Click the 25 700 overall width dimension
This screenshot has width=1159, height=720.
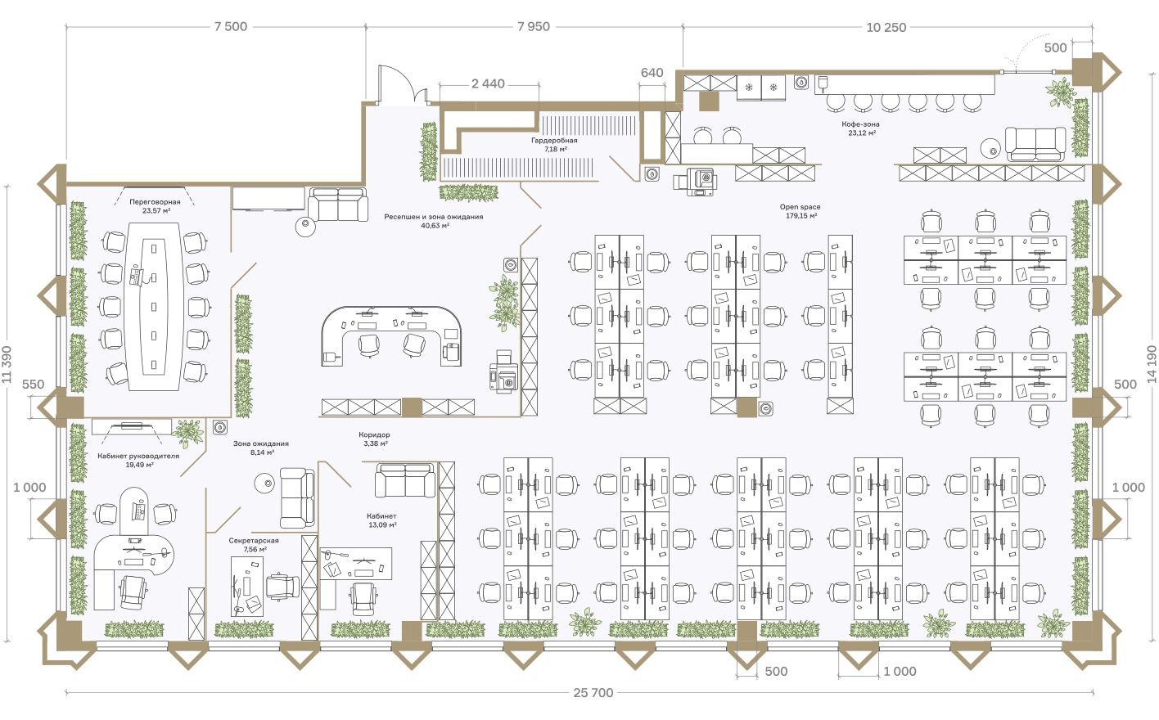pos(593,693)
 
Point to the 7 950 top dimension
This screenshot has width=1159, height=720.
pos(534,27)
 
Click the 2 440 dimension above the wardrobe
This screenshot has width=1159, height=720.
pos(488,83)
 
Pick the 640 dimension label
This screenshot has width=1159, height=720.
pos(652,73)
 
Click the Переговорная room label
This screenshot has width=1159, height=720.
pos(155,201)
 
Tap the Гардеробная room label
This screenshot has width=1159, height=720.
pos(553,141)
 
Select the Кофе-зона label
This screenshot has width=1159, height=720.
pos(860,125)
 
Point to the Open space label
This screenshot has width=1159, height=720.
pos(800,208)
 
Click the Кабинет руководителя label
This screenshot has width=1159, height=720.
pos(138,456)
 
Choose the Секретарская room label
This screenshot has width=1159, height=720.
pos(254,541)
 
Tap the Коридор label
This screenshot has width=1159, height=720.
pos(374,435)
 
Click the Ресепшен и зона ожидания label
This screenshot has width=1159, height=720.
pos(433,218)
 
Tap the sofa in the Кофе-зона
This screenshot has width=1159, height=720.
pos(1035,144)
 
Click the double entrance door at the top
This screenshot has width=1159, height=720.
pos(401,86)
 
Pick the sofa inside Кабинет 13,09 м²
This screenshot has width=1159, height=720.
pos(405,480)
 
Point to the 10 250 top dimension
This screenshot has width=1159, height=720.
pos(886,27)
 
